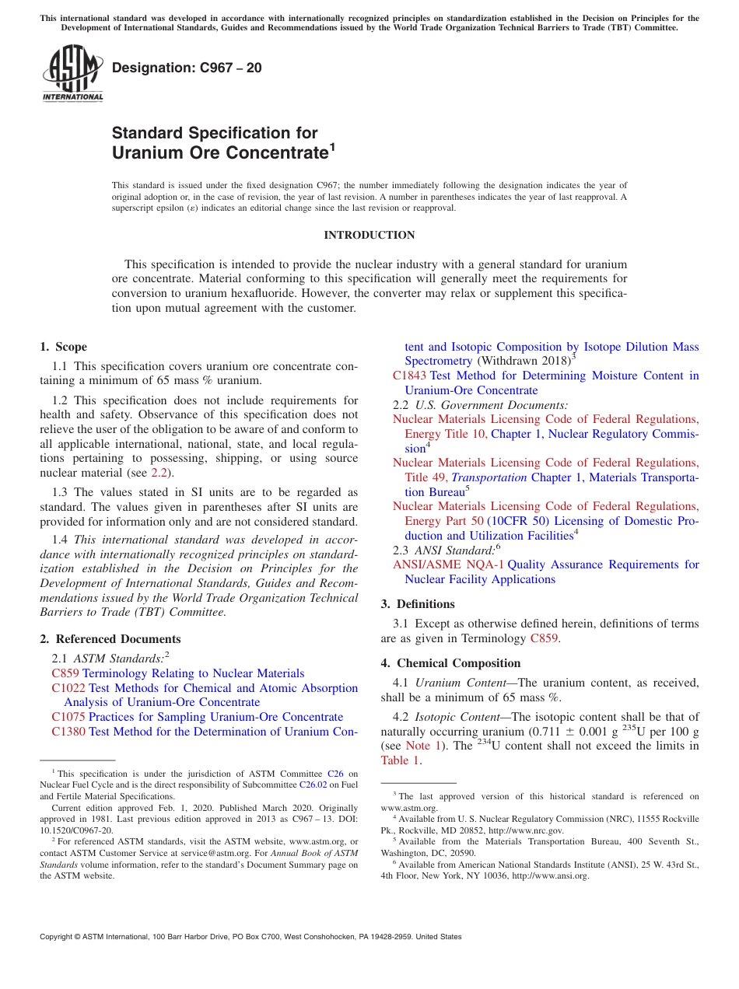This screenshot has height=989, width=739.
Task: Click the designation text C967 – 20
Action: [x=187, y=68]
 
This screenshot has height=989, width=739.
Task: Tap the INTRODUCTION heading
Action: [x=369, y=235]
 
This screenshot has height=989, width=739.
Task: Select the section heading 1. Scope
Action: [x=63, y=347]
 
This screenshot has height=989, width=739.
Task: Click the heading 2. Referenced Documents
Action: [x=110, y=639]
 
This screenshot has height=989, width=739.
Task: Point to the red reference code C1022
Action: [x=68, y=688]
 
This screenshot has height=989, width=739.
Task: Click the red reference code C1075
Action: [x=68, y=717]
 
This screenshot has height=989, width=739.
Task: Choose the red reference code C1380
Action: [x=68, y=732]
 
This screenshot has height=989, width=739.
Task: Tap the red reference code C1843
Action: [x=409, y=376]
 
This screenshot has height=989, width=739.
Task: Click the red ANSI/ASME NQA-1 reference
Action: [x=448, y=564]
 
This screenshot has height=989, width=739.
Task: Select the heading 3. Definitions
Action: [x=417, y=604]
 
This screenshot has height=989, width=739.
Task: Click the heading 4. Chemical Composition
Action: [x=450, y=663]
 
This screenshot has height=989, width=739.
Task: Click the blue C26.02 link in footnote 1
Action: [x=310, y=785]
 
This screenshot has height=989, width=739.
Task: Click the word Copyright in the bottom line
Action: [x=58, y=937]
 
